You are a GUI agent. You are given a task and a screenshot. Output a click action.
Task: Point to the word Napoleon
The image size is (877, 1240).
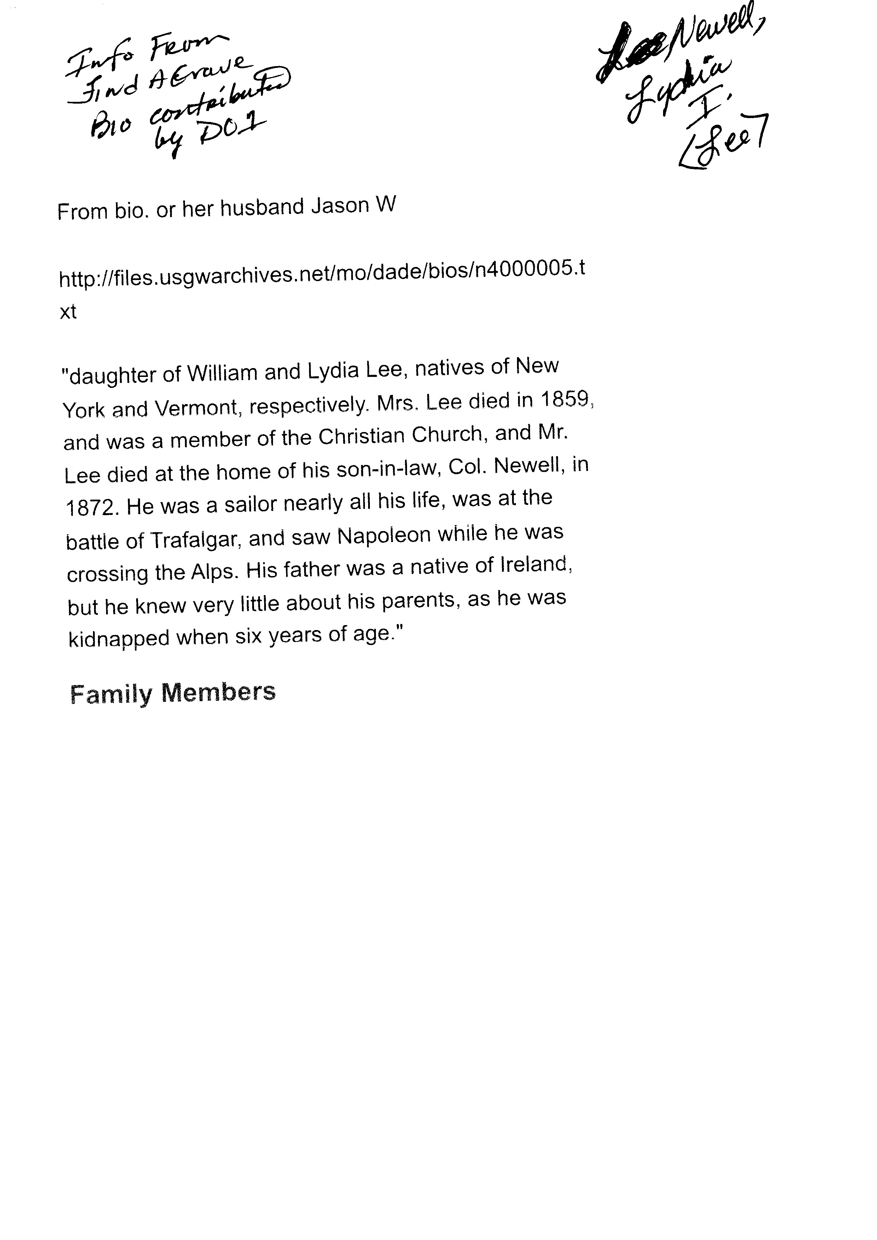384,535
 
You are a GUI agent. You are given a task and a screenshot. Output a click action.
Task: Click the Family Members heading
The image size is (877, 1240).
173,693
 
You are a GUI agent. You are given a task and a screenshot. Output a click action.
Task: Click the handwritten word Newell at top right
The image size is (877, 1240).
713,41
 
